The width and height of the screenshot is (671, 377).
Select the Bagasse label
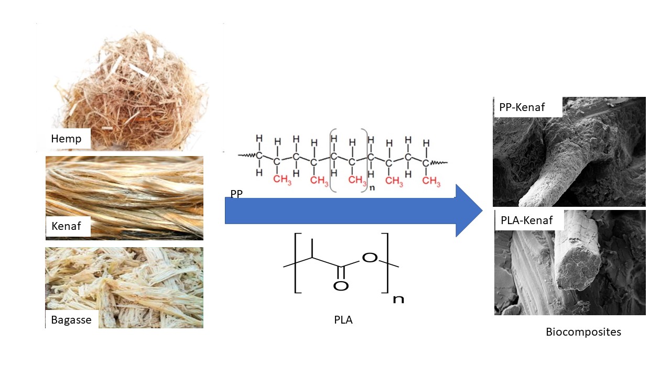(x=71, y=319)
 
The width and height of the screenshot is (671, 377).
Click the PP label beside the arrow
(x=236, y=194)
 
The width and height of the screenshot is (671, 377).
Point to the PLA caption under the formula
(x=343, y=319)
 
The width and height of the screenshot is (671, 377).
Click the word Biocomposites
(x=583, y=332)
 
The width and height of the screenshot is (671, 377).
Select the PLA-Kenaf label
(x=527, y=220)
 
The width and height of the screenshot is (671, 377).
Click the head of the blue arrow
(x=468, y=210)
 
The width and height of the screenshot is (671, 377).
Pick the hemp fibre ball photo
(x=131, y=84)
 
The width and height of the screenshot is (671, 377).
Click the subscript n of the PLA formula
(x=398, y=300)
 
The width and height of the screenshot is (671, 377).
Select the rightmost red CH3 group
(x=431, y=181)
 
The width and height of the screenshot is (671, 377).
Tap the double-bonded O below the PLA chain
(x=341, y=286)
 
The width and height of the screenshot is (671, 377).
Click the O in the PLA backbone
(x=370, y=258)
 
